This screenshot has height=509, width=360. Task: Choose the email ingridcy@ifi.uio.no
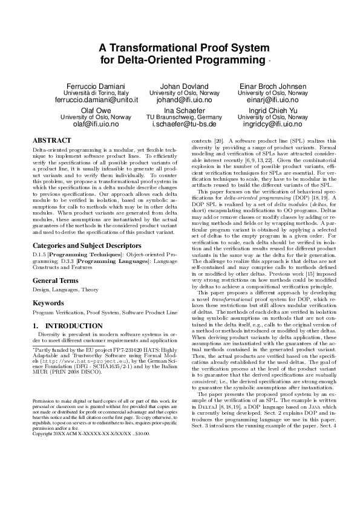272,124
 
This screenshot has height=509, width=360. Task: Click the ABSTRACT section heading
51,140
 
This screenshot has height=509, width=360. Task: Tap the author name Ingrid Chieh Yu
272,110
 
